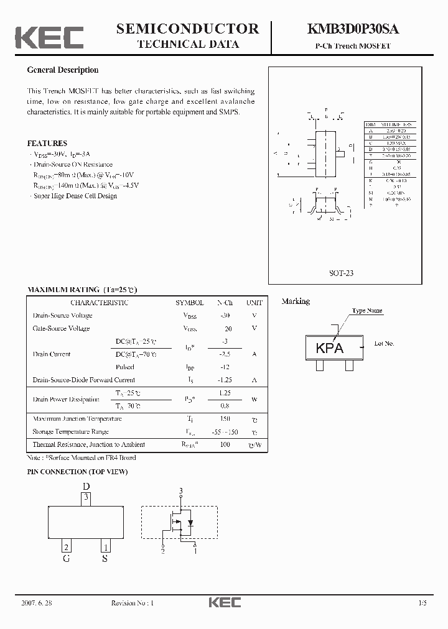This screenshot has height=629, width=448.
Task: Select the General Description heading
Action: pyautogui.click(x=63, y=70)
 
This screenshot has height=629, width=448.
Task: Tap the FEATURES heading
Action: pyautogui.click(x=47, y=144)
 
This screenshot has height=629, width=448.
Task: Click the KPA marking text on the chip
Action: pyautogui.click(x=330, y=349)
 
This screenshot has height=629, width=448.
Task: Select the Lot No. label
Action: pyautogui.click(x=385, y=343)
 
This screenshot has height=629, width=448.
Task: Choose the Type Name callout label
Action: pyautogui.click(x=367, y=311)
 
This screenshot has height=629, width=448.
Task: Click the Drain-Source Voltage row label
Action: pyautogui.click(x=62, y=315)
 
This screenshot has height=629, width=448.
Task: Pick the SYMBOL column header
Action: pyautogui.click(x=189, y=303)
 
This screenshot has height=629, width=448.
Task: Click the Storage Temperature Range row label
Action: pyautogui.click(x=70, y=431)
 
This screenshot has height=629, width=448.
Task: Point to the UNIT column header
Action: pyautogui.click(x=254, y=303)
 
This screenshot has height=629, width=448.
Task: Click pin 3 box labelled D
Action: pyautogui.click(x=87, y=497)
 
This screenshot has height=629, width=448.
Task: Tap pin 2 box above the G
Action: pyautogui.click(x=66, y=547)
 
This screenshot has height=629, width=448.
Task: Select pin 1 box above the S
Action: pyautogui.click(x=106, y=547)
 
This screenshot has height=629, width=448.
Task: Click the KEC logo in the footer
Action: pyautogui.click(x=224, y=603)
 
